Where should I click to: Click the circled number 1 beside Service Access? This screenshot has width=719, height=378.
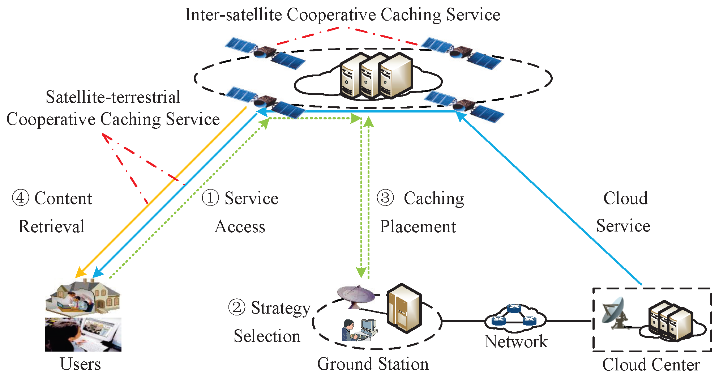[x=210, y=198]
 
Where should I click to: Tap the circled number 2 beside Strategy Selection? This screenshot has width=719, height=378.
[x=237, y=307]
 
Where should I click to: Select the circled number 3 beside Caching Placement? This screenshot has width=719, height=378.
[x=385, y=198]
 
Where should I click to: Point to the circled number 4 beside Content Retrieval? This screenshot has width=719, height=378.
[x=21, y=198]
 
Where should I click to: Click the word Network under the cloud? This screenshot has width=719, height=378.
[x=516, y=341]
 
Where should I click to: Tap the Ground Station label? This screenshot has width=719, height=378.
[x=373, y=364]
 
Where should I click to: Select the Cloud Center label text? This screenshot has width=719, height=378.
[x=651, y=365]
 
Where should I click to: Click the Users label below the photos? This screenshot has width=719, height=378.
[x=80, y=364]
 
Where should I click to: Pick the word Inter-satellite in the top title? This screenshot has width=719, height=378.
[x=233, y=15]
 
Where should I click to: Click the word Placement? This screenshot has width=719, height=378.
[x=418, y=226]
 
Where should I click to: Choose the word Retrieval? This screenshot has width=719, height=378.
[x=51, y=226]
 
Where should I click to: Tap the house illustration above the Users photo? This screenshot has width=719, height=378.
[x=83, y=296]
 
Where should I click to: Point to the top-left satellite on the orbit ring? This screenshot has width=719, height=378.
[x=265, y=53]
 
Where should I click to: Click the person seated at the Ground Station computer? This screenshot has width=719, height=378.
[x=349, y=330]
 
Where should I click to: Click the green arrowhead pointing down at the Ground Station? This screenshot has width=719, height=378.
[x=361, y=272]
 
